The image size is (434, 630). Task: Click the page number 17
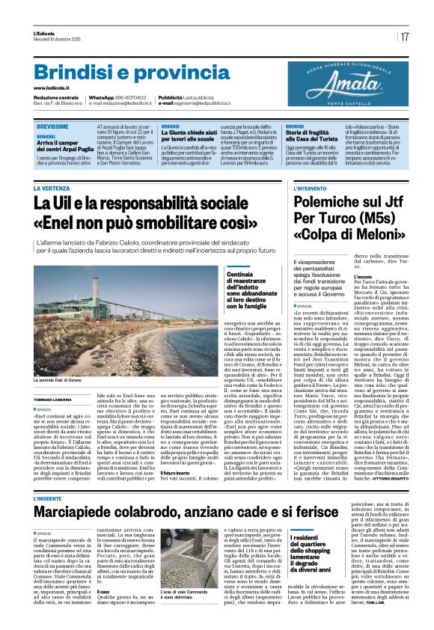coord(404,37)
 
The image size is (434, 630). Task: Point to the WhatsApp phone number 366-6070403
coord(131,97)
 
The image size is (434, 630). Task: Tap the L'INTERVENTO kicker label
coord(310,189)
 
